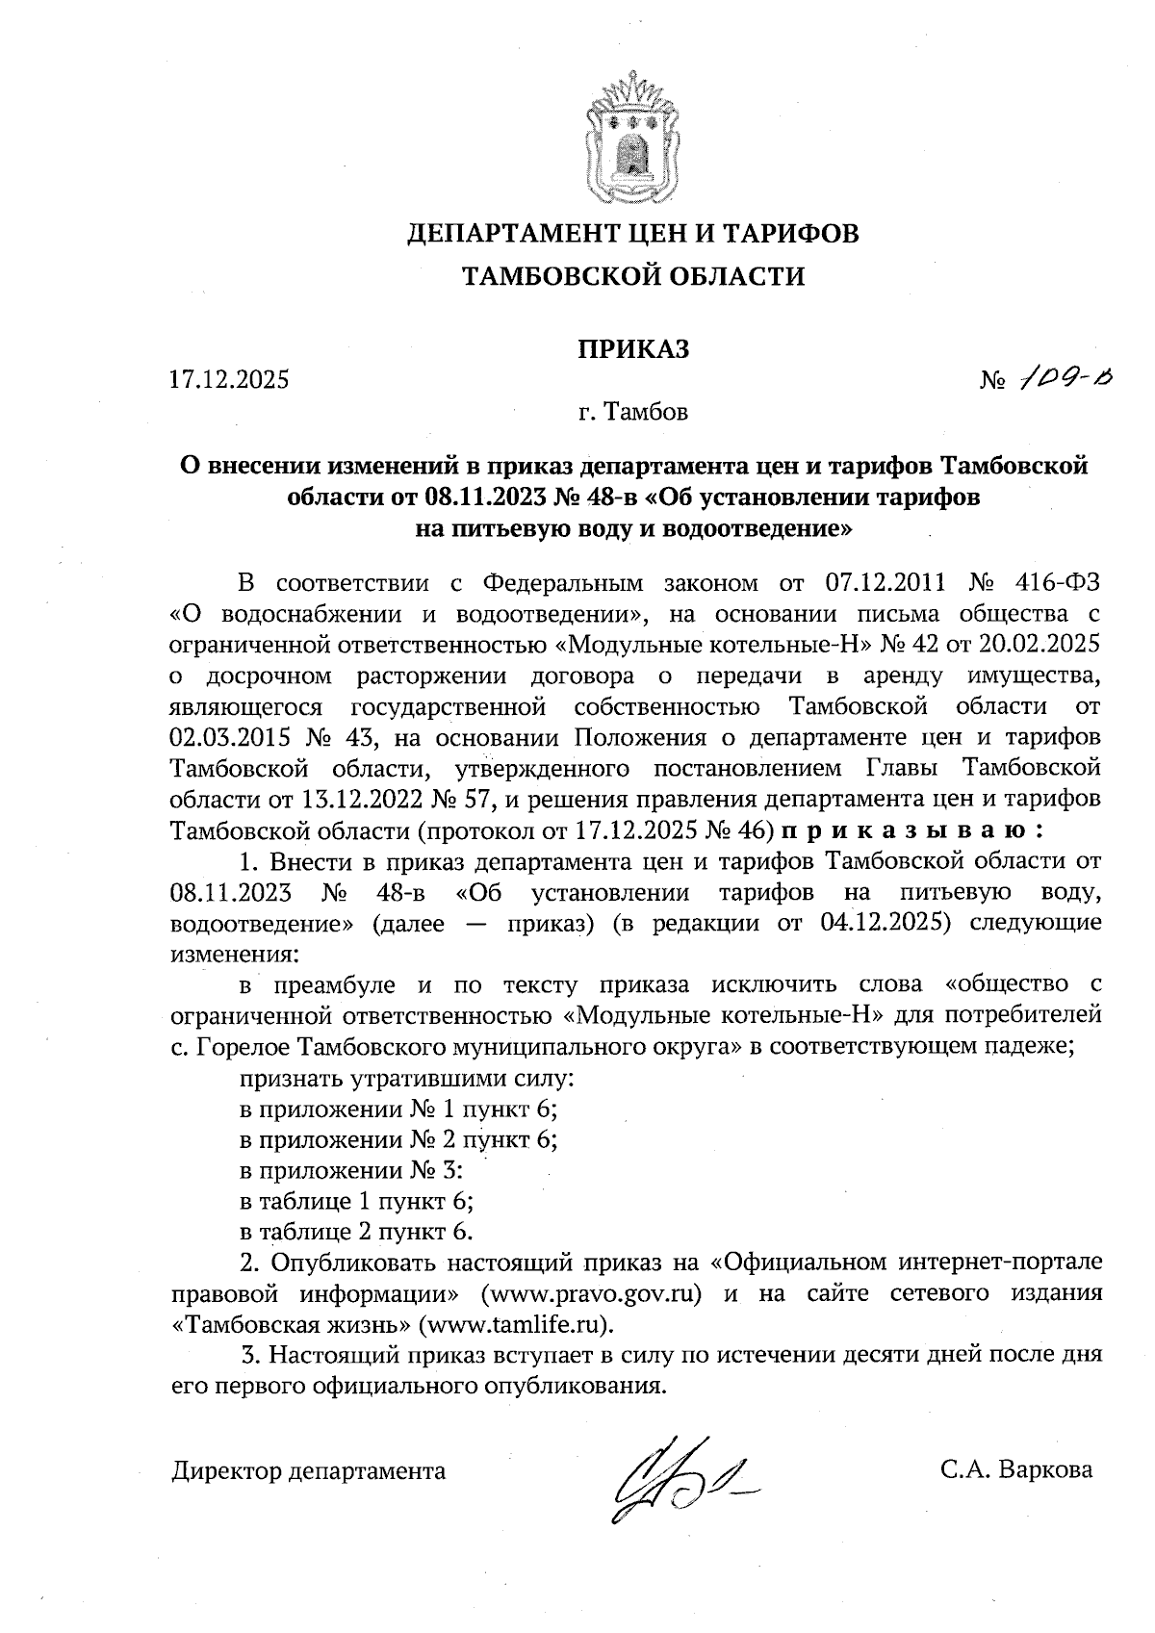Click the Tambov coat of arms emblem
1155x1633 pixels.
tap(633, 133)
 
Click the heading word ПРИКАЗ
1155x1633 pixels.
tap(633, 349)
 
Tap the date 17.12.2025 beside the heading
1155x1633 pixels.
tap(229, 379)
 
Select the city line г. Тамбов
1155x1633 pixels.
tap(633, 414)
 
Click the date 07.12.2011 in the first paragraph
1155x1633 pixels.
tap(886, 583)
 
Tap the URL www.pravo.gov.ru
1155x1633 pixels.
tap(590, 1292)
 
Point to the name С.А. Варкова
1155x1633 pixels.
tap(1017, 1470)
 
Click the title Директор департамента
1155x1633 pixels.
tap(309, 1471)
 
